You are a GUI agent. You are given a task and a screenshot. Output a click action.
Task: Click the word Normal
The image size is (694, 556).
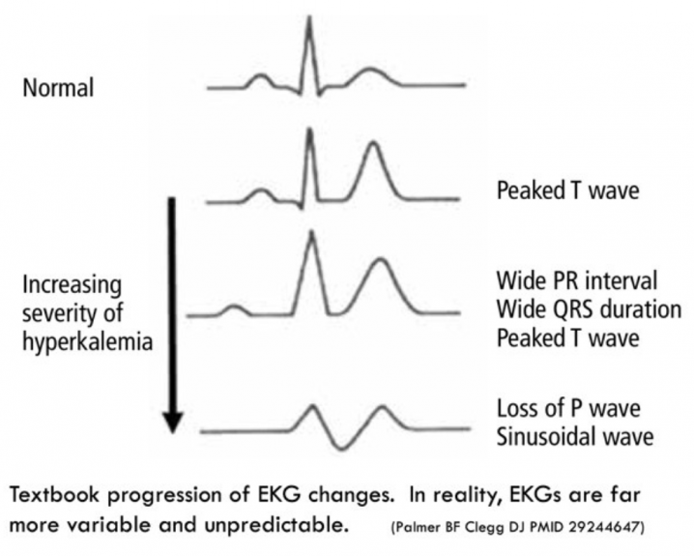tap(58, 88)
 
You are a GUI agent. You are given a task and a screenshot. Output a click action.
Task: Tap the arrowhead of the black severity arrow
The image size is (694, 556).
tap(172, 423)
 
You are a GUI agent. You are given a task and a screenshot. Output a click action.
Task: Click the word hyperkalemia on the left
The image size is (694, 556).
tap(88, 342)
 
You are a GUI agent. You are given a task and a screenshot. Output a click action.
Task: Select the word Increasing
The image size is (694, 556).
tap(72, 285)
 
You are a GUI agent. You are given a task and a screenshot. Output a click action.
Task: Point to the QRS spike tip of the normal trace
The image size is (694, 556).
tap(309, 17)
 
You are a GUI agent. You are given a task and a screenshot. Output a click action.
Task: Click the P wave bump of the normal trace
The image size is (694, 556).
tap(261, 77)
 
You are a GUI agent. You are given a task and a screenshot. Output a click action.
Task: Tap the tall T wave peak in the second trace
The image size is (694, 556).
tap(373, 143)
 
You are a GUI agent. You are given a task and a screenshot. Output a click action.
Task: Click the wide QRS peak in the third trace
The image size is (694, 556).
tap(312, 233)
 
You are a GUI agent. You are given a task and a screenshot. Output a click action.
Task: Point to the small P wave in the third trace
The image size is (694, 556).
tap(235, 307)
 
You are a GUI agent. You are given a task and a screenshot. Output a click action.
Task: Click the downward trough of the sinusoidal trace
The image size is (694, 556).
tap(340, 448)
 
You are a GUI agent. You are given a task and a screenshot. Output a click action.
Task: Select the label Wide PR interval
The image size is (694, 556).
tap(577, 281)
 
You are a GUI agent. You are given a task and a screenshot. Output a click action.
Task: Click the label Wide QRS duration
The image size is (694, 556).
tap(589, 309)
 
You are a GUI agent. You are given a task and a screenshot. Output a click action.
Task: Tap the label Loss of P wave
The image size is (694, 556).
tap(568, 408)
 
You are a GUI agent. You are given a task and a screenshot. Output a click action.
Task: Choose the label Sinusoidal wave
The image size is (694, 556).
tap(575, 436)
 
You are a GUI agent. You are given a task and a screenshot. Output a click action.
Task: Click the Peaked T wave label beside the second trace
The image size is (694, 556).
tap(567, 190)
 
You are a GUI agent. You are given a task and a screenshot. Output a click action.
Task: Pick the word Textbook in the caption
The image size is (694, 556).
tap(54, 494)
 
